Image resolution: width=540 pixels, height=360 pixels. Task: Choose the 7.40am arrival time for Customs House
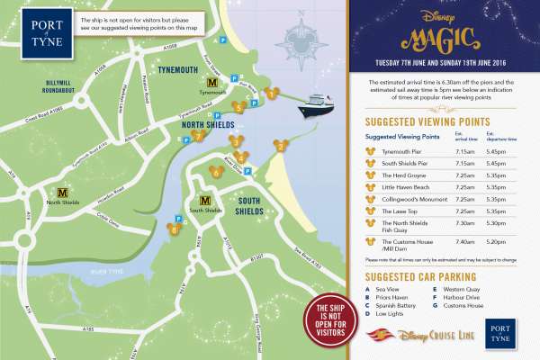[x=466, y=242]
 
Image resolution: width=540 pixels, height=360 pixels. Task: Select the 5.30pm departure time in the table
[x=497, y=222]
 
